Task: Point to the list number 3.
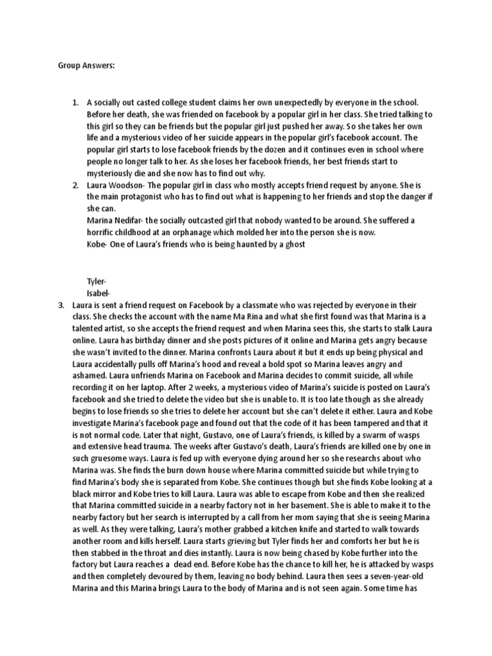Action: click(61, 306)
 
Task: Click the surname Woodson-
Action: click(132, 184)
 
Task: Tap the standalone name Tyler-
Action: click(97, 281)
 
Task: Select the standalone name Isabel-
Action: click(99, 293)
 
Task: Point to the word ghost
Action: click(292, 245)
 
